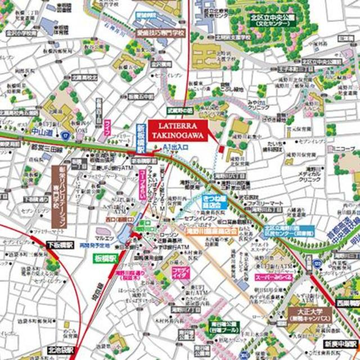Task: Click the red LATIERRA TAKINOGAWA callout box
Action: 178,128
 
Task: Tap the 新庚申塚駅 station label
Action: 340,343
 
